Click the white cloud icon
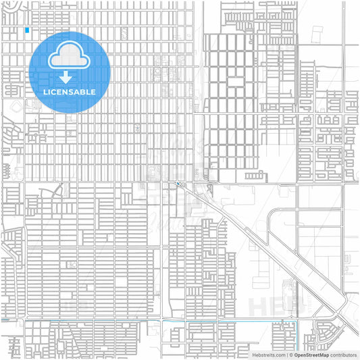point(70,59)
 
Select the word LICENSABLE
point(70,92)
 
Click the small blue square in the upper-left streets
point(27,30)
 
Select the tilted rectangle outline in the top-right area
point(317,35)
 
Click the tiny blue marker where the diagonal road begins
point(178,182)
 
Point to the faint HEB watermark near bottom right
point(270,305)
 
